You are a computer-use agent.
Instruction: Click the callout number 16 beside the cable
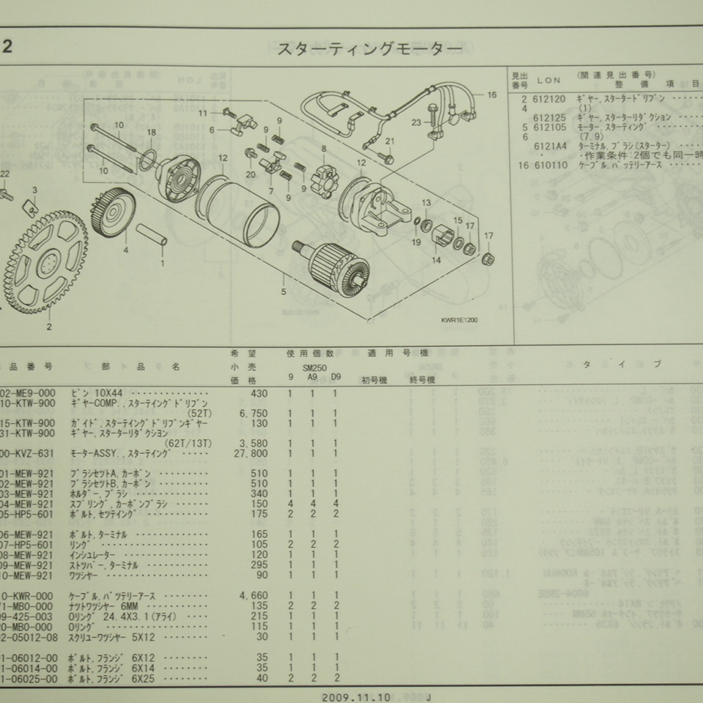(491, 95)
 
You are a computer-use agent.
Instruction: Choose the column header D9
(336, 377)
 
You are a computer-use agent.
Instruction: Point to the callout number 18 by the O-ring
(152, 133)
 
